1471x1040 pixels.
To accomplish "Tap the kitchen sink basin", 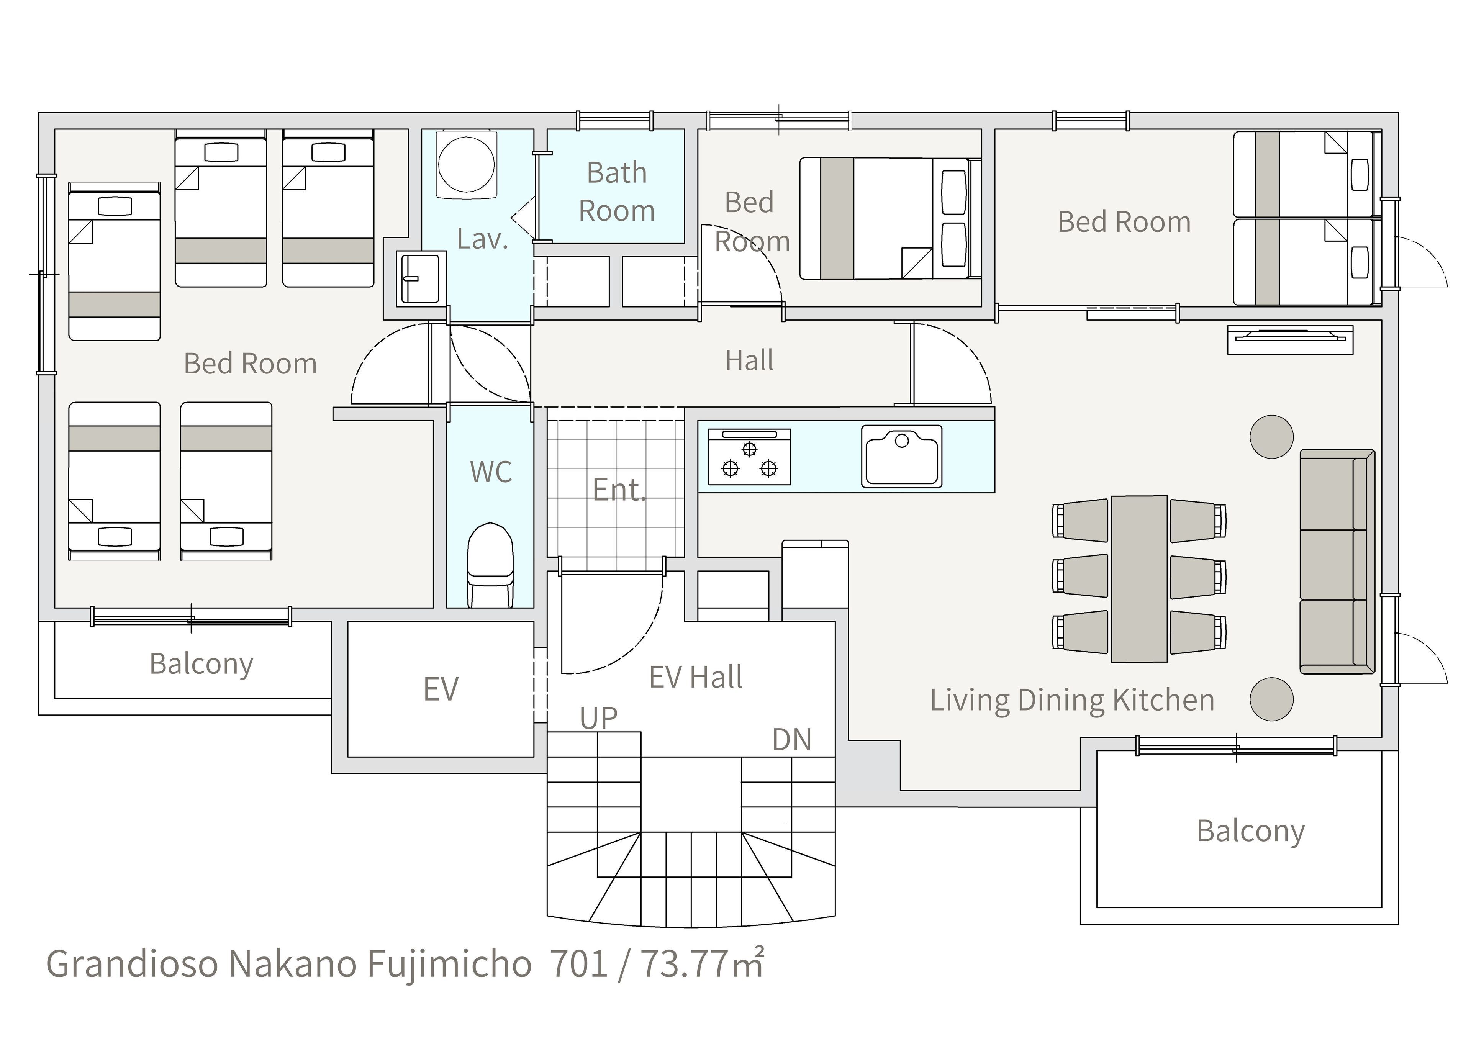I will (x=902, y=455).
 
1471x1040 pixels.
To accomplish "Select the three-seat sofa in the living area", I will (x=1337, y=562).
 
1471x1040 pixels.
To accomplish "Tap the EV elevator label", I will (x=441, y=690).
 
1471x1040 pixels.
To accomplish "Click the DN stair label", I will (x=792, y=739).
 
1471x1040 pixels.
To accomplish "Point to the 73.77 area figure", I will (x=684, y=964).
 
